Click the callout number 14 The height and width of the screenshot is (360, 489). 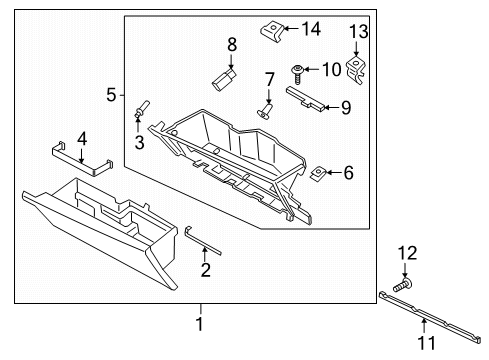tap(311, 29)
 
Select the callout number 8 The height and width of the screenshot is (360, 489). tap(231, 45)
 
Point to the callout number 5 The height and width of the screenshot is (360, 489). tap(111, 95)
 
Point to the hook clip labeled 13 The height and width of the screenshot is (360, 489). tap(356, 69)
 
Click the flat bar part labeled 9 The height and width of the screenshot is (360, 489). tap(308, 98)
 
